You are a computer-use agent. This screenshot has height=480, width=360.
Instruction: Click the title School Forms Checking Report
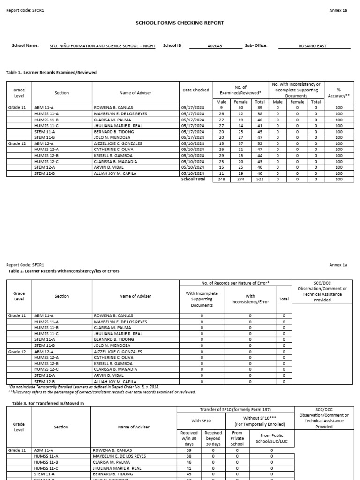pyautogui.click(x=180, y=22)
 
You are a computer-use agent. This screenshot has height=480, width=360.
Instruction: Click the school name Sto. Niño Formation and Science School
pyautogui.click(x=102, y=46)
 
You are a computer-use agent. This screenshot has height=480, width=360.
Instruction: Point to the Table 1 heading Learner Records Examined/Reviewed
pyautogui.click(x=51, y=73)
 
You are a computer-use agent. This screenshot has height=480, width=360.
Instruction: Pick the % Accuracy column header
pyautogui.click(x=338, y=92)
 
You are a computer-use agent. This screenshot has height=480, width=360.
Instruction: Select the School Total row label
pyautogui.click(x=193, y=179)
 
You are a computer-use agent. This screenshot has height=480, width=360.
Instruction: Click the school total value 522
pyautogui.click(x=258, y=179)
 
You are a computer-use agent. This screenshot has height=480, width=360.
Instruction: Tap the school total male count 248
pyautogui.click(x=221, y=179)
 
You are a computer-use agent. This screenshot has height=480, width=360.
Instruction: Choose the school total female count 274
pyautogui.click(x=240, y=179)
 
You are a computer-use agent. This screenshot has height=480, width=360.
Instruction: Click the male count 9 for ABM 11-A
pyautogui.click(x=221, y=107)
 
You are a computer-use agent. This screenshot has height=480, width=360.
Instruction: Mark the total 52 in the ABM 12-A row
pyautogui.click(x=258, y=143)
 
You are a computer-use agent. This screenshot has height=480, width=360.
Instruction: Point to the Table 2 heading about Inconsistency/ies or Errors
pyautogui.click(x=64, y=271)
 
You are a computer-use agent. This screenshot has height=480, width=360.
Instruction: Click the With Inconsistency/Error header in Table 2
pyautogui.click(x=250, y=299)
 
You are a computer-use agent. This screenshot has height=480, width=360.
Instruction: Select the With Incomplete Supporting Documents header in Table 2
pyautogui.click(x=202, y=299)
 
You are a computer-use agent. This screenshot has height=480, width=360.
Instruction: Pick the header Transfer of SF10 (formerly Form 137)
pyautogui.click(x=235, y=410)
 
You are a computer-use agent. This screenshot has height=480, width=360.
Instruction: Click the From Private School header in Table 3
pyautogui.click(x=237, y=438)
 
